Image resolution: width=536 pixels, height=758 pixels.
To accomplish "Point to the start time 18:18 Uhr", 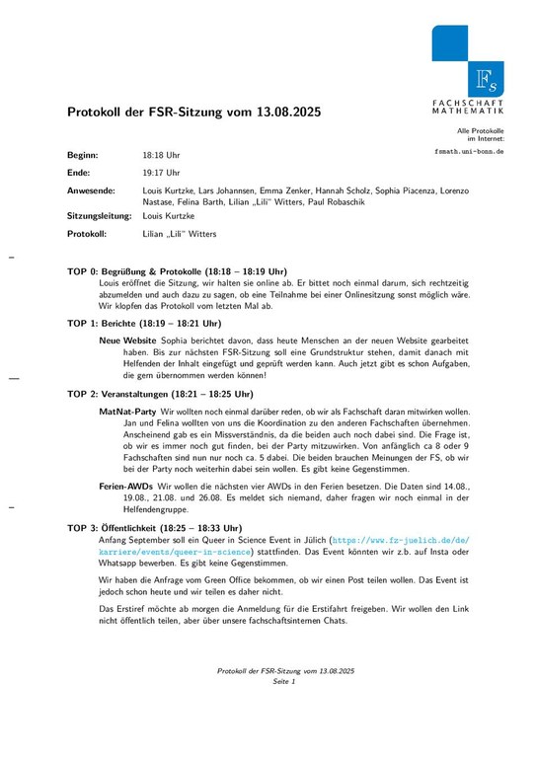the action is (x=162, y=156).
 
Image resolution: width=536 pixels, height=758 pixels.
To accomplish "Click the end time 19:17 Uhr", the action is (x=162, y=173).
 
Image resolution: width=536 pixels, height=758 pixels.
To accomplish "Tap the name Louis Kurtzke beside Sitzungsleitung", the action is (x=169, y=215).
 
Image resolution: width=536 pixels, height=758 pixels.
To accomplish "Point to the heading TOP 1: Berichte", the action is (x=143, y=323).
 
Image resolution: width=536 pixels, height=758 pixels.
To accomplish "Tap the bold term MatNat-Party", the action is (x=127, y=410).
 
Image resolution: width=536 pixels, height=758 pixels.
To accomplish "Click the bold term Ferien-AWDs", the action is (x=125, y=488).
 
